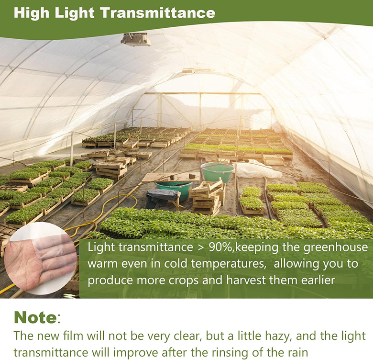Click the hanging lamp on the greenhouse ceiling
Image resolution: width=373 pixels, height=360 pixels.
pos(136,39)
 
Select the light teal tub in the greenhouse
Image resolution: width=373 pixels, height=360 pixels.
pos(217,172)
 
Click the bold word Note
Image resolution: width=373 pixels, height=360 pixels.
pos(35,317)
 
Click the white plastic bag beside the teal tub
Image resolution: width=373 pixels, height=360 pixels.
pos(256,169)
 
